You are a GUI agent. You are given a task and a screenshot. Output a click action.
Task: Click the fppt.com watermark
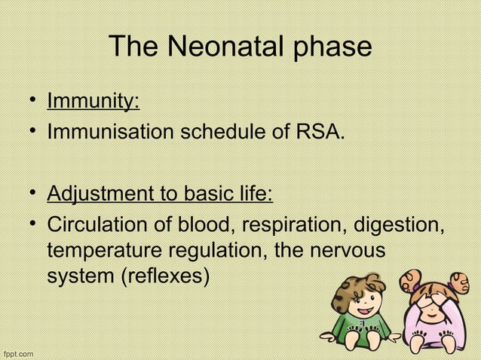(17, 352)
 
